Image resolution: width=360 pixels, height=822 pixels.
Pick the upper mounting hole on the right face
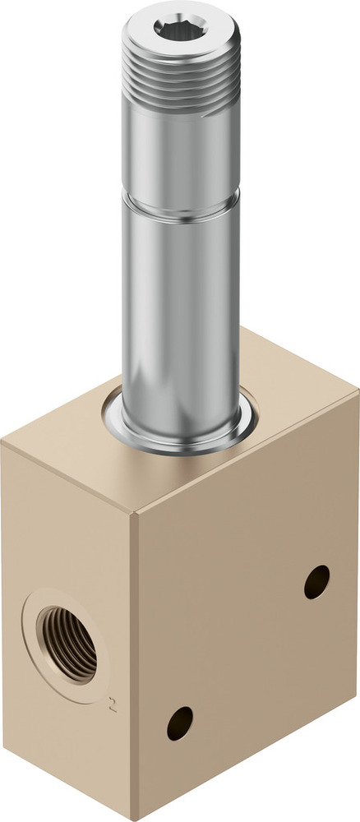tap(316, 582)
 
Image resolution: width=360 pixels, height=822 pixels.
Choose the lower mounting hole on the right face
tap(179, 723)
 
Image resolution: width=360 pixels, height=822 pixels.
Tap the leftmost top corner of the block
tap(2, 444)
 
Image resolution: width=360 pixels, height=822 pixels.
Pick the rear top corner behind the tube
tap(242, 329)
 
